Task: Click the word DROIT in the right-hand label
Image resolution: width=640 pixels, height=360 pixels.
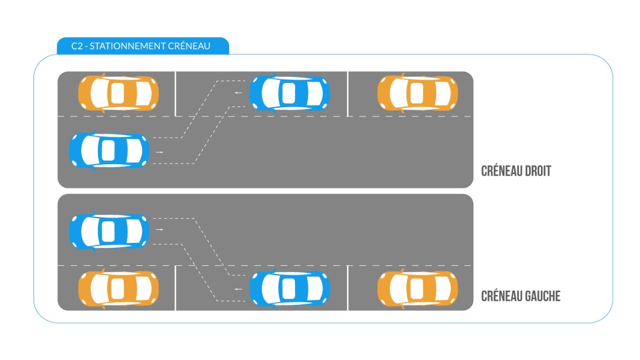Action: click(x=535, y=171)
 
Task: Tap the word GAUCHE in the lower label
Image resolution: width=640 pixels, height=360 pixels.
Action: click(x=539, y=296)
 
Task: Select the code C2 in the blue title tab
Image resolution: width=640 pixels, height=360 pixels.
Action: click(x=77, y=46)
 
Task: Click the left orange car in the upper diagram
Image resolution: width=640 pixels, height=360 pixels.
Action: click(x=118, y=93)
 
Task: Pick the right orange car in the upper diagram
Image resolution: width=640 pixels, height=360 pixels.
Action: click(x=418, y=93)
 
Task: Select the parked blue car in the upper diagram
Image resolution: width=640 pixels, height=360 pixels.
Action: click(x=289, y=93)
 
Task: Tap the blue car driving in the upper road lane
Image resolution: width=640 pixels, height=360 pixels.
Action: click(x=109, y=151)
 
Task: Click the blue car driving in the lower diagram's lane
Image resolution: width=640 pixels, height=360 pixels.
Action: click(x=109, y=230)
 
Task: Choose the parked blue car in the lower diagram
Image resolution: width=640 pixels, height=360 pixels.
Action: click(x=289, y=288)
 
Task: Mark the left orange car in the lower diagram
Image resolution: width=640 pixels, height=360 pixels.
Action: click(x=118, y=288)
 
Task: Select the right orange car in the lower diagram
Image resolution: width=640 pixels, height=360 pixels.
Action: click(x=418, y=288)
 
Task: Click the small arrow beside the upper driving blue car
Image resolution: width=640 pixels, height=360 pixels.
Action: click(x=160, y=151)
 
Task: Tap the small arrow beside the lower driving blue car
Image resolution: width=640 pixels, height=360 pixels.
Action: click(x=160, y=230)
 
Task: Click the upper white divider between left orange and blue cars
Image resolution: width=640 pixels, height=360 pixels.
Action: click(x=175, y=94)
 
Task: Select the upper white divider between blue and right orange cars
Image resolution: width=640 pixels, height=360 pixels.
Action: click(x=348, y=94)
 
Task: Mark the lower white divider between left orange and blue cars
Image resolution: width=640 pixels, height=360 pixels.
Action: click(x=175, y=288)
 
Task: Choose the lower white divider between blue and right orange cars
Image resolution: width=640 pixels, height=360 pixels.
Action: click(x=348, y=288)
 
